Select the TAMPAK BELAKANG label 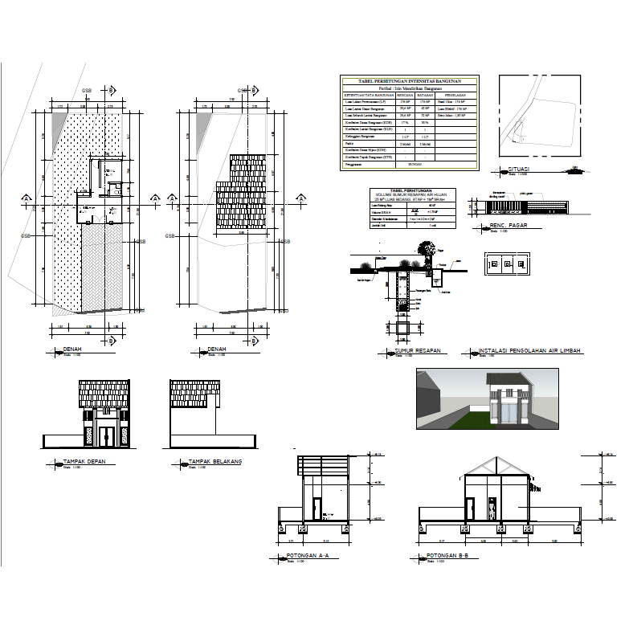pyautogui.click(x=214, y=462)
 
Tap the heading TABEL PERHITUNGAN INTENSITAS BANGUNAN pyautogui.click(x=410, y=81)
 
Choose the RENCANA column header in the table pyautogui.click(x=394, y=96)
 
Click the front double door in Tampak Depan pyautogui.click(x=104, y=436)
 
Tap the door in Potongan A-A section pyautogui.click(x=317, y=508)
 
